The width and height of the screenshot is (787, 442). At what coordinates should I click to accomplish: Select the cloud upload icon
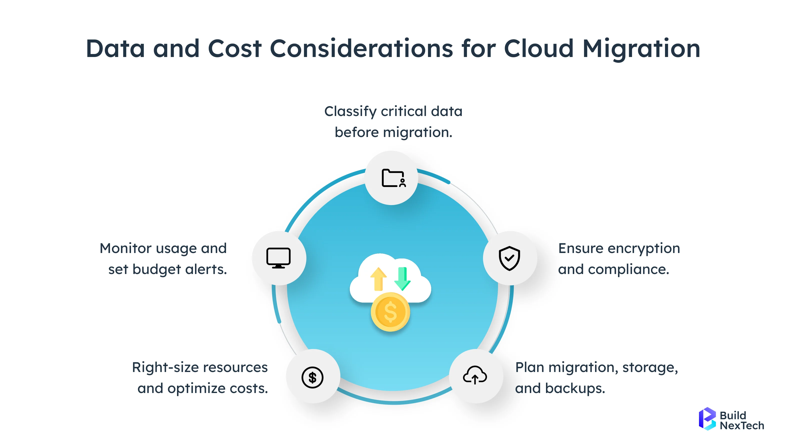click(x=475, y=375)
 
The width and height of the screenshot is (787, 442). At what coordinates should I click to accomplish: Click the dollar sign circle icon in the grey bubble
click(x=312, y=377)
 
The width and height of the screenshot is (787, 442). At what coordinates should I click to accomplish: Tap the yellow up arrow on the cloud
click(x=378, y=278)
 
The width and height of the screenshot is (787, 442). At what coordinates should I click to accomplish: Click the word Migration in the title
click(x=641, y=49)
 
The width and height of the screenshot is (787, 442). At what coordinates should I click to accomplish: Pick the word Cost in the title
click(x=235, y=49)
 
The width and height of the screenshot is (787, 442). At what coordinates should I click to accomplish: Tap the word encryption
click(x=644, y=248)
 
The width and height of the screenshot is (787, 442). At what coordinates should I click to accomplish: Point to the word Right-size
click(x=165, y=367)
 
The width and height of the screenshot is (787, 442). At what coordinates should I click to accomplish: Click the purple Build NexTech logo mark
click(x=707, y=419)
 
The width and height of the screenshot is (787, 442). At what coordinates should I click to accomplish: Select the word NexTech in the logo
click(x=742, y=425)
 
